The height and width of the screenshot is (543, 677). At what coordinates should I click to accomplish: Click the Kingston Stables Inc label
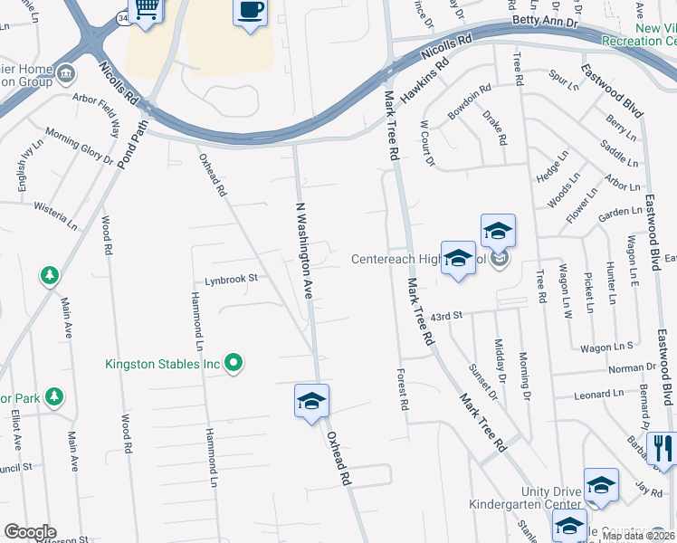[x=163, y=364]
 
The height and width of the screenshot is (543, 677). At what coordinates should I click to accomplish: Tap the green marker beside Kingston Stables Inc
[x=234, y=364]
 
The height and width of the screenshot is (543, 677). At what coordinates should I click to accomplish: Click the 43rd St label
[x=446, y=315]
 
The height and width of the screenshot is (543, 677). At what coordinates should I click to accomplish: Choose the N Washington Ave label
[x=306, y=251]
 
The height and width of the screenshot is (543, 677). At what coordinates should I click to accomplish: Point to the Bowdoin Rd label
[x=469, y=102]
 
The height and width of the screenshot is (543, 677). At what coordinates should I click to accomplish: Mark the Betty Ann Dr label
[x=544, y=19]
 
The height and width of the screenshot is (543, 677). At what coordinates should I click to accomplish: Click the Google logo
[x=30, y=532]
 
